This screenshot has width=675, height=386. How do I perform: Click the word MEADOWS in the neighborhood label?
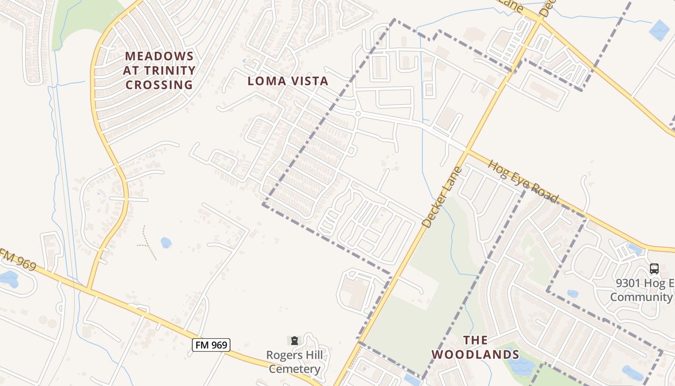(159, 56)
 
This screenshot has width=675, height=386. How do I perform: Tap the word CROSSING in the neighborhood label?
(159, 85)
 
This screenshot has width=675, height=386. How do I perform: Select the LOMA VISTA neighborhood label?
(288, 81)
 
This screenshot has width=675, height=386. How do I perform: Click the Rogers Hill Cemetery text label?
(295, 362)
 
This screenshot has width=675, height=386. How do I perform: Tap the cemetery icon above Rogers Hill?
(295, 341)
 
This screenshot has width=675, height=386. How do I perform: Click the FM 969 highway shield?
(211, 345)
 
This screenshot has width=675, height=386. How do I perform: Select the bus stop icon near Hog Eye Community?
(654, 269)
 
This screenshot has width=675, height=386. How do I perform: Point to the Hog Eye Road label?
(523, 182)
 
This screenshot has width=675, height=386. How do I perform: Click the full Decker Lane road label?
(442, 197)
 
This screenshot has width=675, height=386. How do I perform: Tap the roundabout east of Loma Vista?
(357, 114)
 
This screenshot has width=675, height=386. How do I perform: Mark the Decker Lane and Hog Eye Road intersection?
(466, 151)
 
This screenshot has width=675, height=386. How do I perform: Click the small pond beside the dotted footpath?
(166, 242)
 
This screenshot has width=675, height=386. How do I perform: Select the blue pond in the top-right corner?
(659, 30)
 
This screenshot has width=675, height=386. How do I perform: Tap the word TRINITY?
(159, 70)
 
